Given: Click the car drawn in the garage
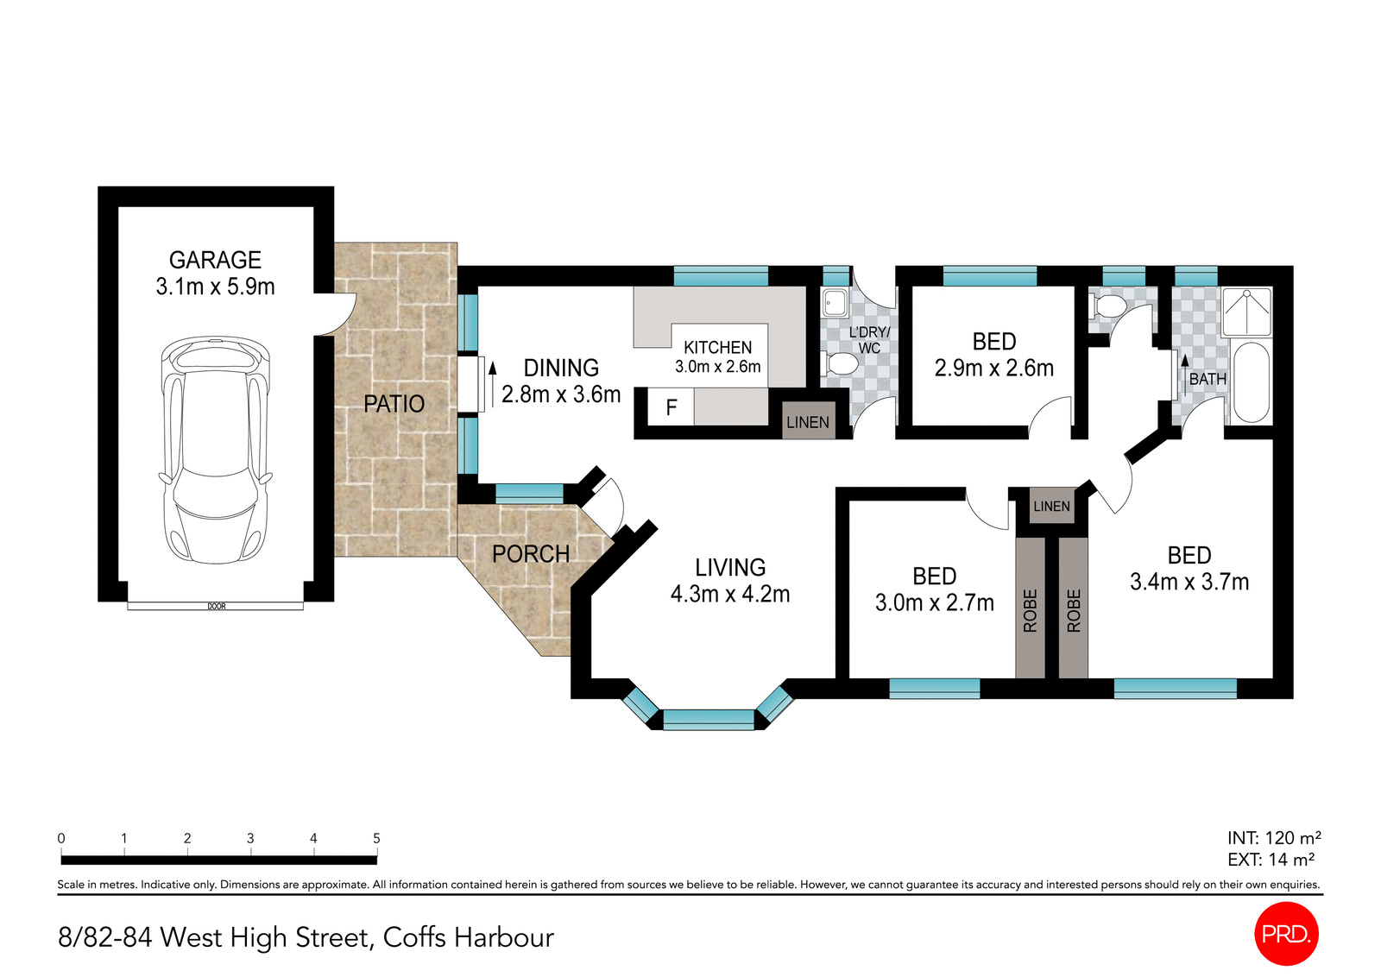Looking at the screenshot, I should (x=215, y=449).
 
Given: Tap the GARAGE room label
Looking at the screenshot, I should (x=215, y=260).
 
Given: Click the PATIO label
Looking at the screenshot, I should (x=394, y=404).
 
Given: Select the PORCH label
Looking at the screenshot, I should (x=530, y=554).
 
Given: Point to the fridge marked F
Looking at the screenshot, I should (x=671, y=407).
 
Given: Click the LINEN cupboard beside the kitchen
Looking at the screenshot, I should (x=808, y=422).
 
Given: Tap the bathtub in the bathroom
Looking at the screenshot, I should (x=1251, y=383).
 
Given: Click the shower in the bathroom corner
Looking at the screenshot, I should (x=1247, y=312).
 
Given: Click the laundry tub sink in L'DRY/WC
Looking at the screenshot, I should (x=836, y=303).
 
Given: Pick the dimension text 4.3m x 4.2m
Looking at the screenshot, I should (x=730, y=594).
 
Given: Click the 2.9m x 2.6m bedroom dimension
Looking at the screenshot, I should (x=993, y=369).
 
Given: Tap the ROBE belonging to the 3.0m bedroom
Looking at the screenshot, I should (x=1030, y=609).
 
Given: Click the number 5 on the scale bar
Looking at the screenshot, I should (x=376, y=838).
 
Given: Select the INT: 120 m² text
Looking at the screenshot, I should (x=1274, y=838).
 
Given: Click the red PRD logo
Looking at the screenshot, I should (x=1286, y=934).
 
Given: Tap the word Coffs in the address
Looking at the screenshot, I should (x=414, y=937).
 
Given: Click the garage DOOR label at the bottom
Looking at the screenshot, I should (x=217, y=607).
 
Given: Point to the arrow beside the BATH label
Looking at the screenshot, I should (x=1185, y=374).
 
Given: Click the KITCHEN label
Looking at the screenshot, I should (x=717, y=348).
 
